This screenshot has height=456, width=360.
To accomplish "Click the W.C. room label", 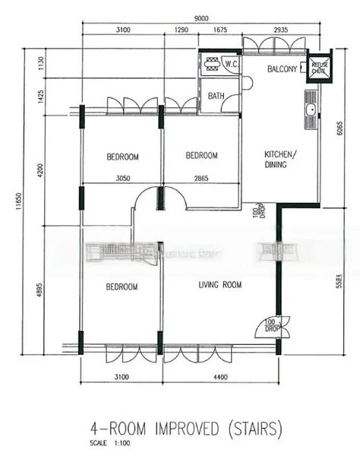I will [x=232, y=65].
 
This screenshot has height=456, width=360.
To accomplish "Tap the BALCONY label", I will [x=281, y=69].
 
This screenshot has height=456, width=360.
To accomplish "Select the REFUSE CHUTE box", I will [x=319, y=67].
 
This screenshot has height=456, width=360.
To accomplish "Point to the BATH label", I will [x=216, y=97].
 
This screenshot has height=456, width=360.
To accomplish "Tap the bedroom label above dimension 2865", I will [x=201, y=156].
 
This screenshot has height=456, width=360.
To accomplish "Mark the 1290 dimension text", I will [x=181, y=31].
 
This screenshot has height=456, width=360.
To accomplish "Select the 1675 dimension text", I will [x=219, y=31].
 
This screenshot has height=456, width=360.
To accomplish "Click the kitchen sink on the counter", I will [x=310, y=111].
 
